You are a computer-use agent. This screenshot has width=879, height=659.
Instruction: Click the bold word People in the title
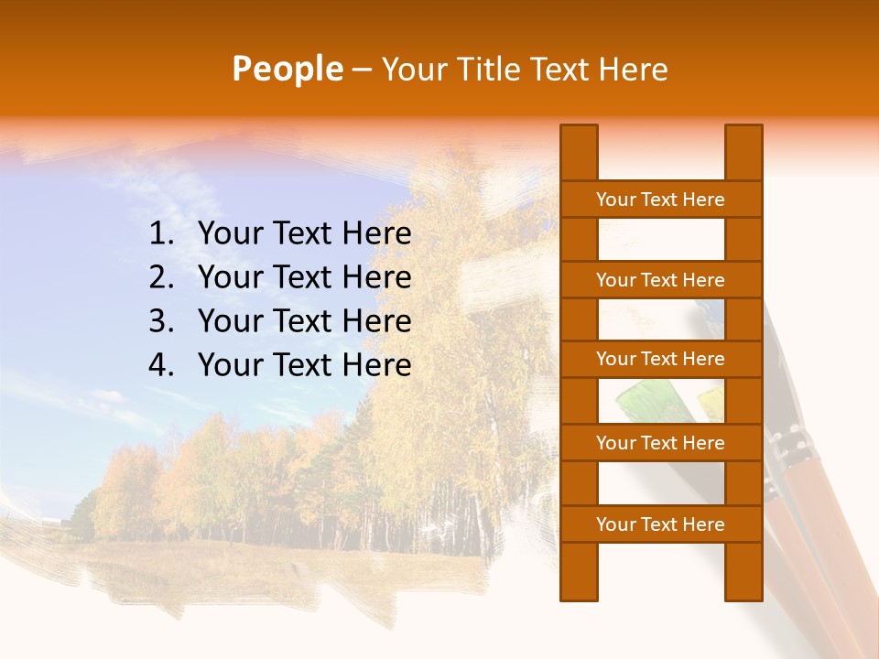pyautogui.click(x=287, y=69)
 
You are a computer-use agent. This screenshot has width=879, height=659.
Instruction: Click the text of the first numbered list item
pyautogui.click(x=304, y=234)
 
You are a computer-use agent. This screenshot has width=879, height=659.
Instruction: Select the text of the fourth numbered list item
pyautogui.click(x=304, y=365)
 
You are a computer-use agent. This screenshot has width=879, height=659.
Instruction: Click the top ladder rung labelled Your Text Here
pyautogui.click(x=660, y=200)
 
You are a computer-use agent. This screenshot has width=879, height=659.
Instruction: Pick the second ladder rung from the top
pyautogui.click(x=660, y=280)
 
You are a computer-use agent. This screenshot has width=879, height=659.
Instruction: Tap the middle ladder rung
pyautogui.click(x=660, y=359)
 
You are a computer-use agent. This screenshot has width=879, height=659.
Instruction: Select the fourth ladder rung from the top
pyautogui.click(x=660, y=443)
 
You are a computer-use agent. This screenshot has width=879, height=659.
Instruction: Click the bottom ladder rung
pyautogui.click(x=660, y=524)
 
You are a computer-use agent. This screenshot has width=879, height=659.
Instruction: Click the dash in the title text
pyautogui.click(x=361, y=70)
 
